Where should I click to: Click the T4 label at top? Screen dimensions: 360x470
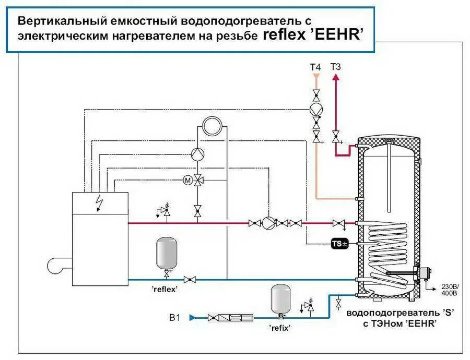tap(315, 67)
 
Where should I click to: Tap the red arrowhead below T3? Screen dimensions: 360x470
tap(336, 77)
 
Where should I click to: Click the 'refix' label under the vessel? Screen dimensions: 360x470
tap(280, 328)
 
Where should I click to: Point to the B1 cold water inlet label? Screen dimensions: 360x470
tap(175, 317)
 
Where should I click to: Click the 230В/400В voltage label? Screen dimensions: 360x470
tap(449, 290)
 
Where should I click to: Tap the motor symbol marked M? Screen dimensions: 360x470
tap(186, 180)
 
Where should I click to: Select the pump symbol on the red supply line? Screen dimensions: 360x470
tap(268, 223)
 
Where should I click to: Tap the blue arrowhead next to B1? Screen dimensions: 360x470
tap(192, 317)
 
